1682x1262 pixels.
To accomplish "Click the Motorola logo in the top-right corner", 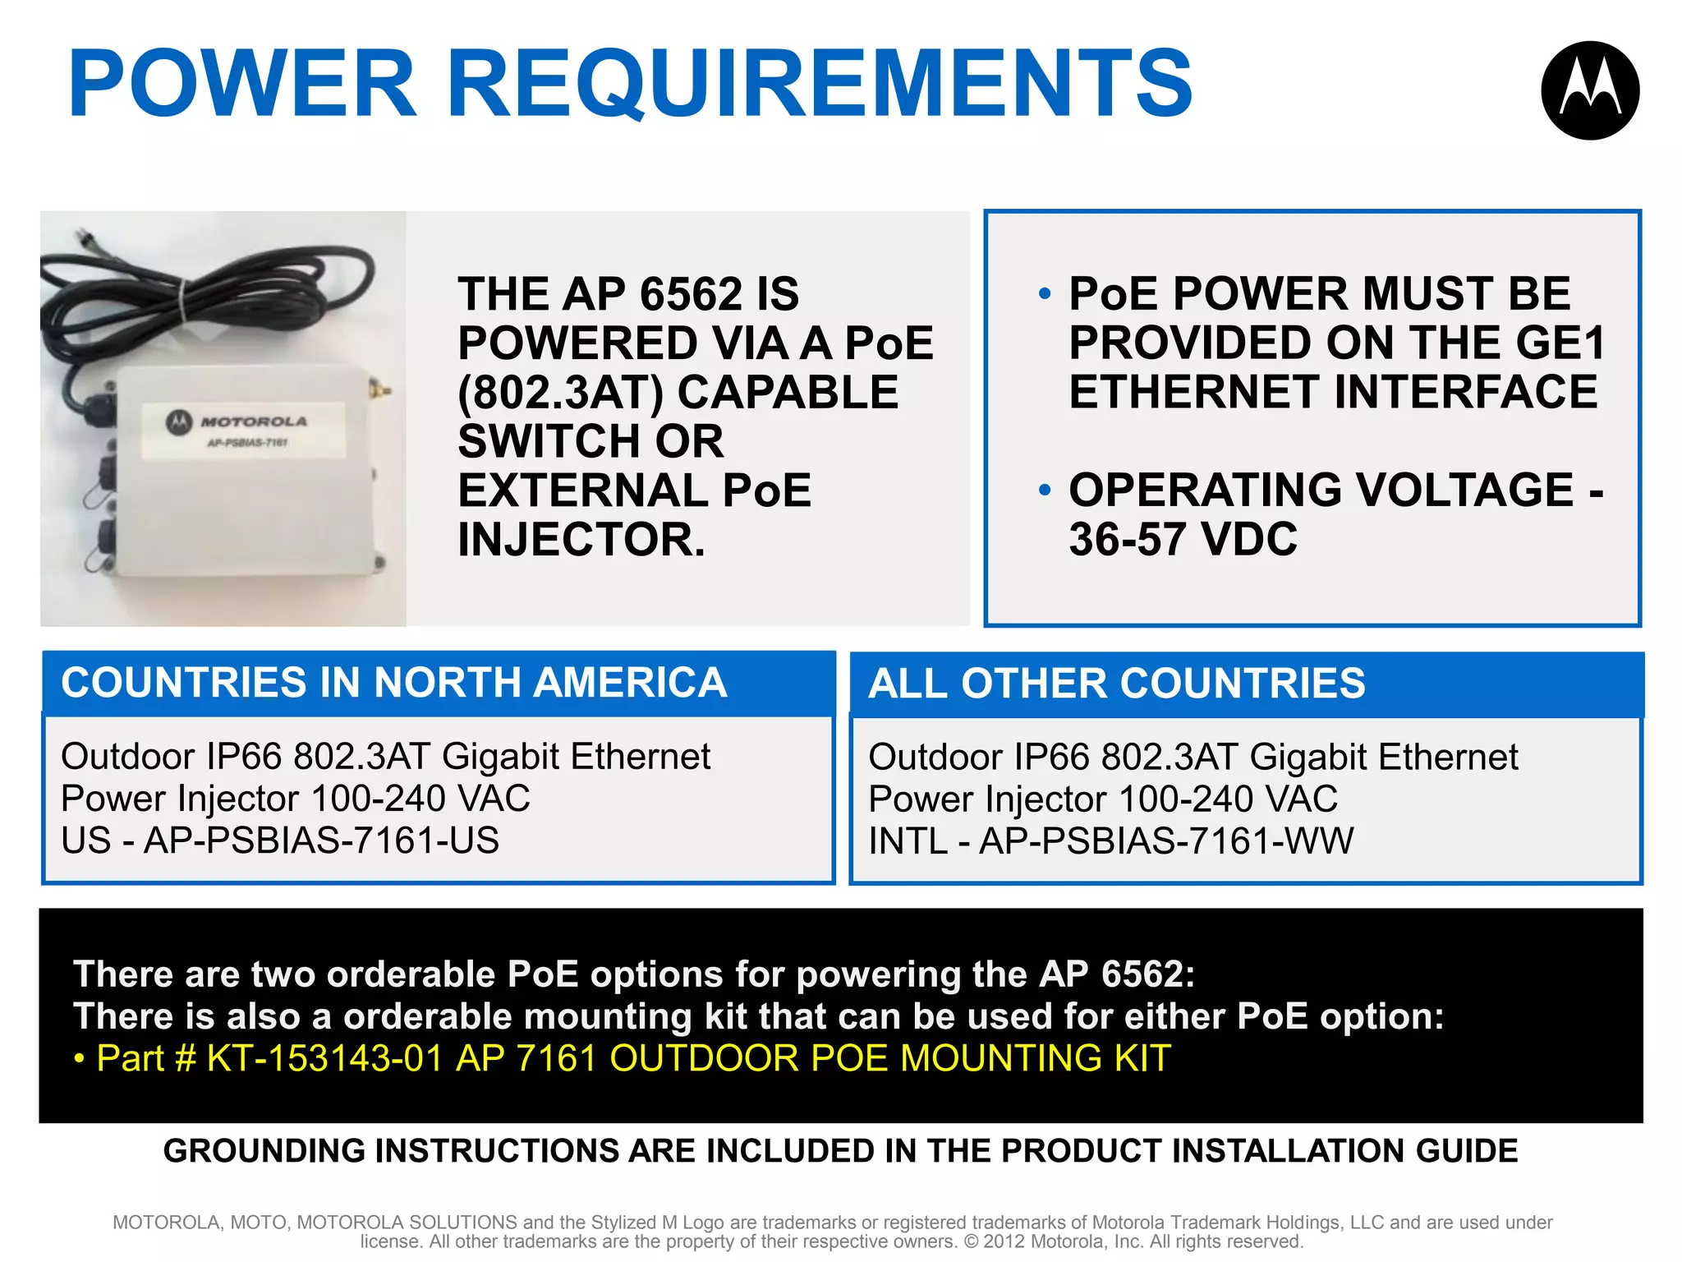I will pyautogui.click(x=1590, y=90).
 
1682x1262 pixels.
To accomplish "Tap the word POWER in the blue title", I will pyautogui.click(x=243, y=84).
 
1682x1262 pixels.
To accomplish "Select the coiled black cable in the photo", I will pyautogui.click(x=205, y=296).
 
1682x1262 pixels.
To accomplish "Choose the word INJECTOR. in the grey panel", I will pyautogui.click(x=581, y=540).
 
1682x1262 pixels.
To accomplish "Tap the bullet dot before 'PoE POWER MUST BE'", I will pyautogui.click(x=1045, y=294).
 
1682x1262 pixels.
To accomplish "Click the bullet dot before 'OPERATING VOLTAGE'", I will pyautogui.click(x=1045, y=491).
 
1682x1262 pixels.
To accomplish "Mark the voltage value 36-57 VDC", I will pyautogui.click(x=1183, y=540).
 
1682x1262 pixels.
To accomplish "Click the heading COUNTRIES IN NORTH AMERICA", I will pyautogui.click(x=394, y=683).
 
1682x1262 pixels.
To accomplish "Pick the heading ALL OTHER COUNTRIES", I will pyautogui.click(x=1117, y=684).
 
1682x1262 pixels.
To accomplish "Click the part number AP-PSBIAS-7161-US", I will pyautogui.click(x=321, y=841).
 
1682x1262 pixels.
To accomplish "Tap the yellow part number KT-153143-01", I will pyautogui.click(x=325, y=1058).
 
